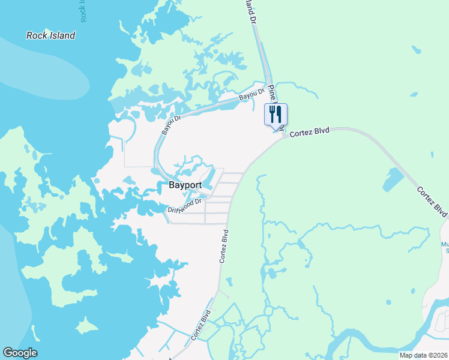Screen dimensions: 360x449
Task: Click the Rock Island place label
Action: tap(51, 35)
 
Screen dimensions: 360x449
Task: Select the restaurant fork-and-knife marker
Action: tap(276, 113)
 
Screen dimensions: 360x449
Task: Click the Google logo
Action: tap(20, 353)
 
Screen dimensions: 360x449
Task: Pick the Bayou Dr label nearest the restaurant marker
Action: tap(252, 94)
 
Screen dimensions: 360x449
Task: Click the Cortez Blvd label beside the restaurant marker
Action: tap(310, 133)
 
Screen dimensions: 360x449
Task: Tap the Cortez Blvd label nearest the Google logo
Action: tap(201, 325)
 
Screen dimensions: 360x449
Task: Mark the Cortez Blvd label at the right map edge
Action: tap(432, 202)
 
